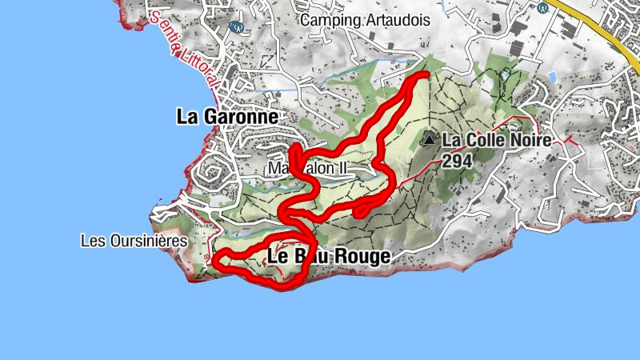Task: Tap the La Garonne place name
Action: tap(227, 117)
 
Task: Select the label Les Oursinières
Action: tap(134, 240)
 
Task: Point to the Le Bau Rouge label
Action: tap(328, 257)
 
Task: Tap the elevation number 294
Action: tap(456, 159)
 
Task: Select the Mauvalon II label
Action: tap(308, 170)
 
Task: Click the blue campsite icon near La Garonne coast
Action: tap(235, 26)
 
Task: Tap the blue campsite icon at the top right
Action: tap(543, 6)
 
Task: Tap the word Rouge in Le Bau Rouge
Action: tap(365, 257)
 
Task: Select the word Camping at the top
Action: tap(324, 18)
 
